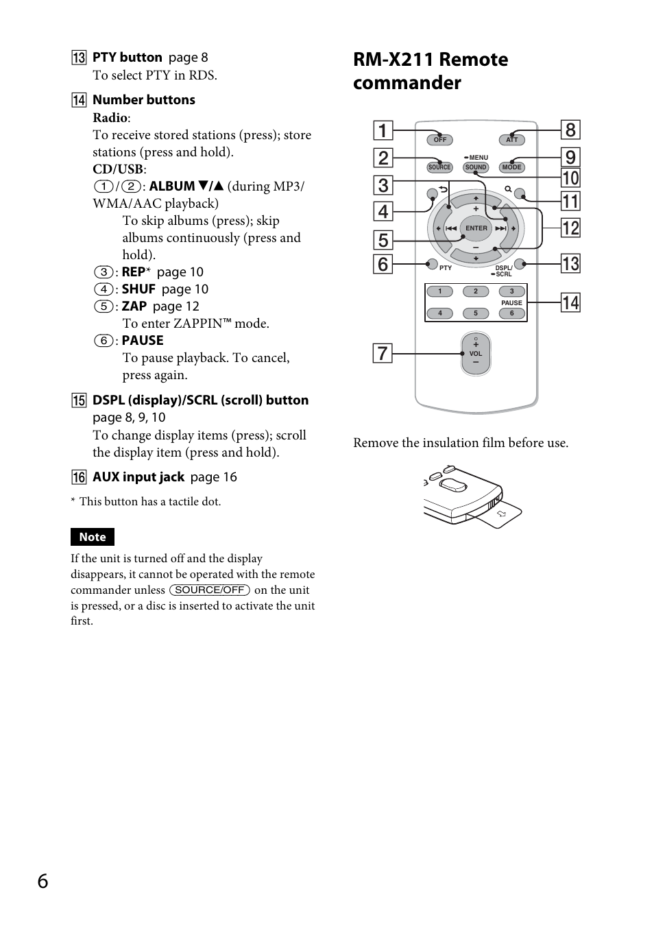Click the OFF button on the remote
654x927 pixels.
point(439,140)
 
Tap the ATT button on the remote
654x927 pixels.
point(511,140)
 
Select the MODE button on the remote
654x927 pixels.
point(511,167)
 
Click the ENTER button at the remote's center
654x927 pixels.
point(476,228)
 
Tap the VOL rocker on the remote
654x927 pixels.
point(476,354)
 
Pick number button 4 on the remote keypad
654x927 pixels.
point(440,313)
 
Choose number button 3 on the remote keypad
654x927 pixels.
point(511,291)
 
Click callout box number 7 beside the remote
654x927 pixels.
point(383,354)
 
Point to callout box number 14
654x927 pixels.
point(570,302)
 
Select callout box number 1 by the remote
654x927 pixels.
point(383,130)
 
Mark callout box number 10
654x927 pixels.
point(570,178)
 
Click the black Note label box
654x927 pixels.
point(93,537)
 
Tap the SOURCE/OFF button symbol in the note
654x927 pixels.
point(210,590)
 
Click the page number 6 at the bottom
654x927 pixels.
point(43,881)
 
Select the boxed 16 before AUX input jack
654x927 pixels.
point(79,477)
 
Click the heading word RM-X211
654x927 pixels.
point(393,60)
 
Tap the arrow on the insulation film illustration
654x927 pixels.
point(502,514)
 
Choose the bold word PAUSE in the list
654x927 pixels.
point(143,341)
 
